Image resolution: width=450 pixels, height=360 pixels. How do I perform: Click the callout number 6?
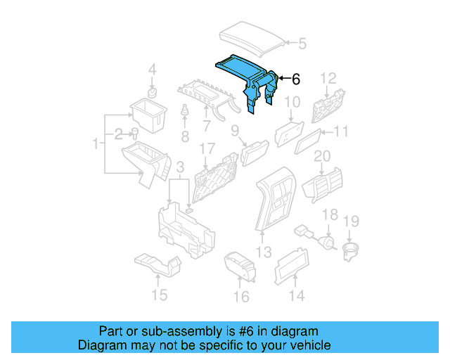pyautogui.click(x=295, y=79)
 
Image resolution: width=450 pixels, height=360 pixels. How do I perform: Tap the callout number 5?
pyautogui.click(x=302, y=44)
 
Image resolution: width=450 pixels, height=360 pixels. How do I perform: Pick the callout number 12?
pyautogui.click(x=329, y=77)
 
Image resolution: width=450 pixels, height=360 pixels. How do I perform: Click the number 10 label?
pyautogui.click(x=292, y=103)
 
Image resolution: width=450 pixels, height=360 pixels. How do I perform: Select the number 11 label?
pyautogui.click(x=340, y=131)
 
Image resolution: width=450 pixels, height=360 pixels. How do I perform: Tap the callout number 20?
pyautogui.click(x=321, y=156)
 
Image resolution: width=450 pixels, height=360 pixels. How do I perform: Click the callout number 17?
pyautogui.click(x=206, y=149)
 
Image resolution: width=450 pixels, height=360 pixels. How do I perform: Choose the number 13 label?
pyautogui.click(x=263, y=252)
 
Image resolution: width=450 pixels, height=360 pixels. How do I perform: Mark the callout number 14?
pyautogui.click(x=297, y=296)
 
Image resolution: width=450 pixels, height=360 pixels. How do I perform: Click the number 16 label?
pyautogui.click(x=240, y=297)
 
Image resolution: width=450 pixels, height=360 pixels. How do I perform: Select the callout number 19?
pyautogui.click(x=350, y=221)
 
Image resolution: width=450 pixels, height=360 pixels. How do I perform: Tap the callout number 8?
pyautogui.click(x=185, y=135)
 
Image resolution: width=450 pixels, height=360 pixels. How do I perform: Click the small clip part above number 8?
pyautogui.click(x=185, y=112)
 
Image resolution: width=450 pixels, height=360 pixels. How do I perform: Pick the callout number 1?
pyautogui.click(x=95, y=144)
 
